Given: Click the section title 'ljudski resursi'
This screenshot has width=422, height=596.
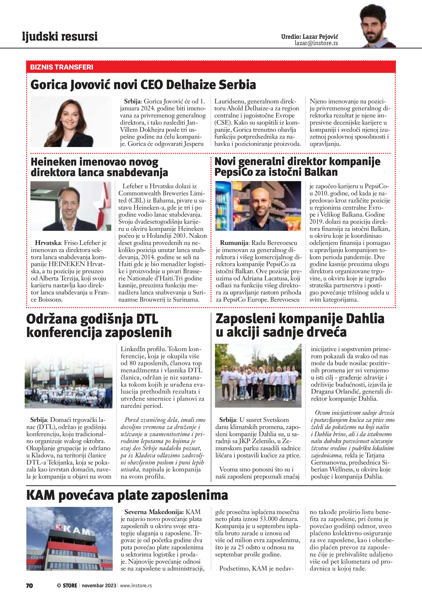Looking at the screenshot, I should [x=60, y=36].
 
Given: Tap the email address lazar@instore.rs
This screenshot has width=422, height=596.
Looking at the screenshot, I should [x=316, y=43].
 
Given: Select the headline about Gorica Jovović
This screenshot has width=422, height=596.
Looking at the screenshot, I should [x=143, y=85].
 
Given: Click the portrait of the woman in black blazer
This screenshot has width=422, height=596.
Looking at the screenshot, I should [x=71, y=122].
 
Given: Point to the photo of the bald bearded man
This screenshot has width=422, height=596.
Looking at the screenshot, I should [x=258, y=206].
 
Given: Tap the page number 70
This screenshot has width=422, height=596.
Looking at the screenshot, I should [x=29, y=585].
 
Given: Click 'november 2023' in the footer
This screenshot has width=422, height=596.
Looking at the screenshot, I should [x=99, y=585].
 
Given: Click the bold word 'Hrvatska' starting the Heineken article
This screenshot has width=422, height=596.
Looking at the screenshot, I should [x=48, y=243].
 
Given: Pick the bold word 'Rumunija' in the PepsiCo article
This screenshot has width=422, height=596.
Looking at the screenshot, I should [x=234, y=243].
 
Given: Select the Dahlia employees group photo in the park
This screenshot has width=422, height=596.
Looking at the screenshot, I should [x=258, y=375].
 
